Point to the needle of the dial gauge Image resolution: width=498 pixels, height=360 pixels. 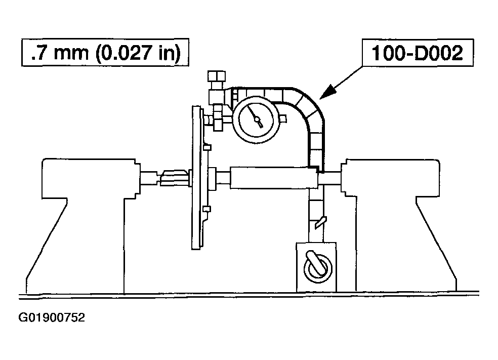coord(256,117)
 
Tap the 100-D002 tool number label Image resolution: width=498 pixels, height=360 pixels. coord(418,53)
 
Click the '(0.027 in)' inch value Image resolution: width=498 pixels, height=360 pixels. coord(138,53)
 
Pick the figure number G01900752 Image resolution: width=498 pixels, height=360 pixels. coord(52,317)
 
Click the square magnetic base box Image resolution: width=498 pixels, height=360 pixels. coord(316,267)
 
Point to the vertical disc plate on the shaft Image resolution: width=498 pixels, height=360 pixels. coord(197,178)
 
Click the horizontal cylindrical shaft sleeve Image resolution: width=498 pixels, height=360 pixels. coord(273,178)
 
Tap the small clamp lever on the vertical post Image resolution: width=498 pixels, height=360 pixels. coord(320,222)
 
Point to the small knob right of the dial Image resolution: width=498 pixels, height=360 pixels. coord(283,119)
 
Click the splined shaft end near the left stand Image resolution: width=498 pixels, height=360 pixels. coord(174,178)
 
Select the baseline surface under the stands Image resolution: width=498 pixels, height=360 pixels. coord(248,295)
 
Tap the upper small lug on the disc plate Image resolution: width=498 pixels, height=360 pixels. coord(207,147)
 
